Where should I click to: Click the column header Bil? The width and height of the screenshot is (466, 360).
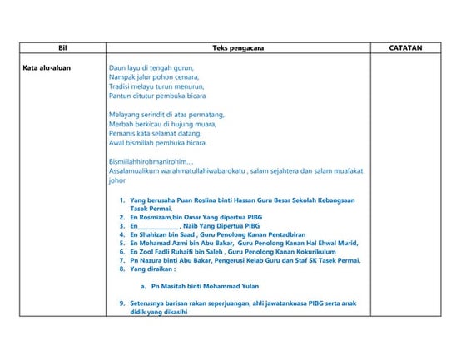coord(62,48)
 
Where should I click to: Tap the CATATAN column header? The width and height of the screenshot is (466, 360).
coord(405,48)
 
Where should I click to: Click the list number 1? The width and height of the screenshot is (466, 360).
coord(121,200)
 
